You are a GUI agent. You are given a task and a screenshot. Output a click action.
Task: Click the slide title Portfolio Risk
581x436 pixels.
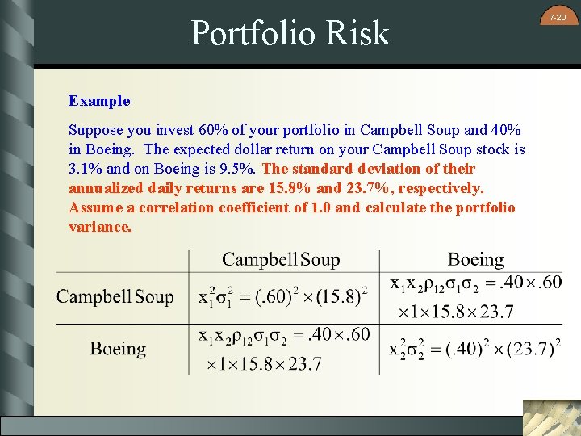tap(290, 33)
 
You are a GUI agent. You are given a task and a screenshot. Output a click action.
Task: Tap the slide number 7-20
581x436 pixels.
tap(558, 17)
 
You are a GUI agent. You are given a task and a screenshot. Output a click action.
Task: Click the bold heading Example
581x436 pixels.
tap(99, 101)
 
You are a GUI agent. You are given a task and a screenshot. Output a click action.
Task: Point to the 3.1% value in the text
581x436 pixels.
tap(83, 169)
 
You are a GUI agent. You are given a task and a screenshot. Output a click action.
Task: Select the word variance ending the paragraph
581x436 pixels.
tap(99, 227)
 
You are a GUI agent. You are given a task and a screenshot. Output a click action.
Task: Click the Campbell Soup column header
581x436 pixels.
tap(281, 259)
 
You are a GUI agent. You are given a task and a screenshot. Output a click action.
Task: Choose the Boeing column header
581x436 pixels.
tap(475, 259)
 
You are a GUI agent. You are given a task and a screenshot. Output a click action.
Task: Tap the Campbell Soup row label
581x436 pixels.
tap(115, 296)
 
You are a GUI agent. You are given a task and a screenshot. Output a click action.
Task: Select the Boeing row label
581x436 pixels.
tap(118, 349)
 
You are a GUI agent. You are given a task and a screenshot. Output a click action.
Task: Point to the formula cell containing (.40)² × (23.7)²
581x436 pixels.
tap(475, 349)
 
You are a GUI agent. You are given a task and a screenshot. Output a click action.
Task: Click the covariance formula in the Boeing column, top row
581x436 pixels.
tap(475, 296)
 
